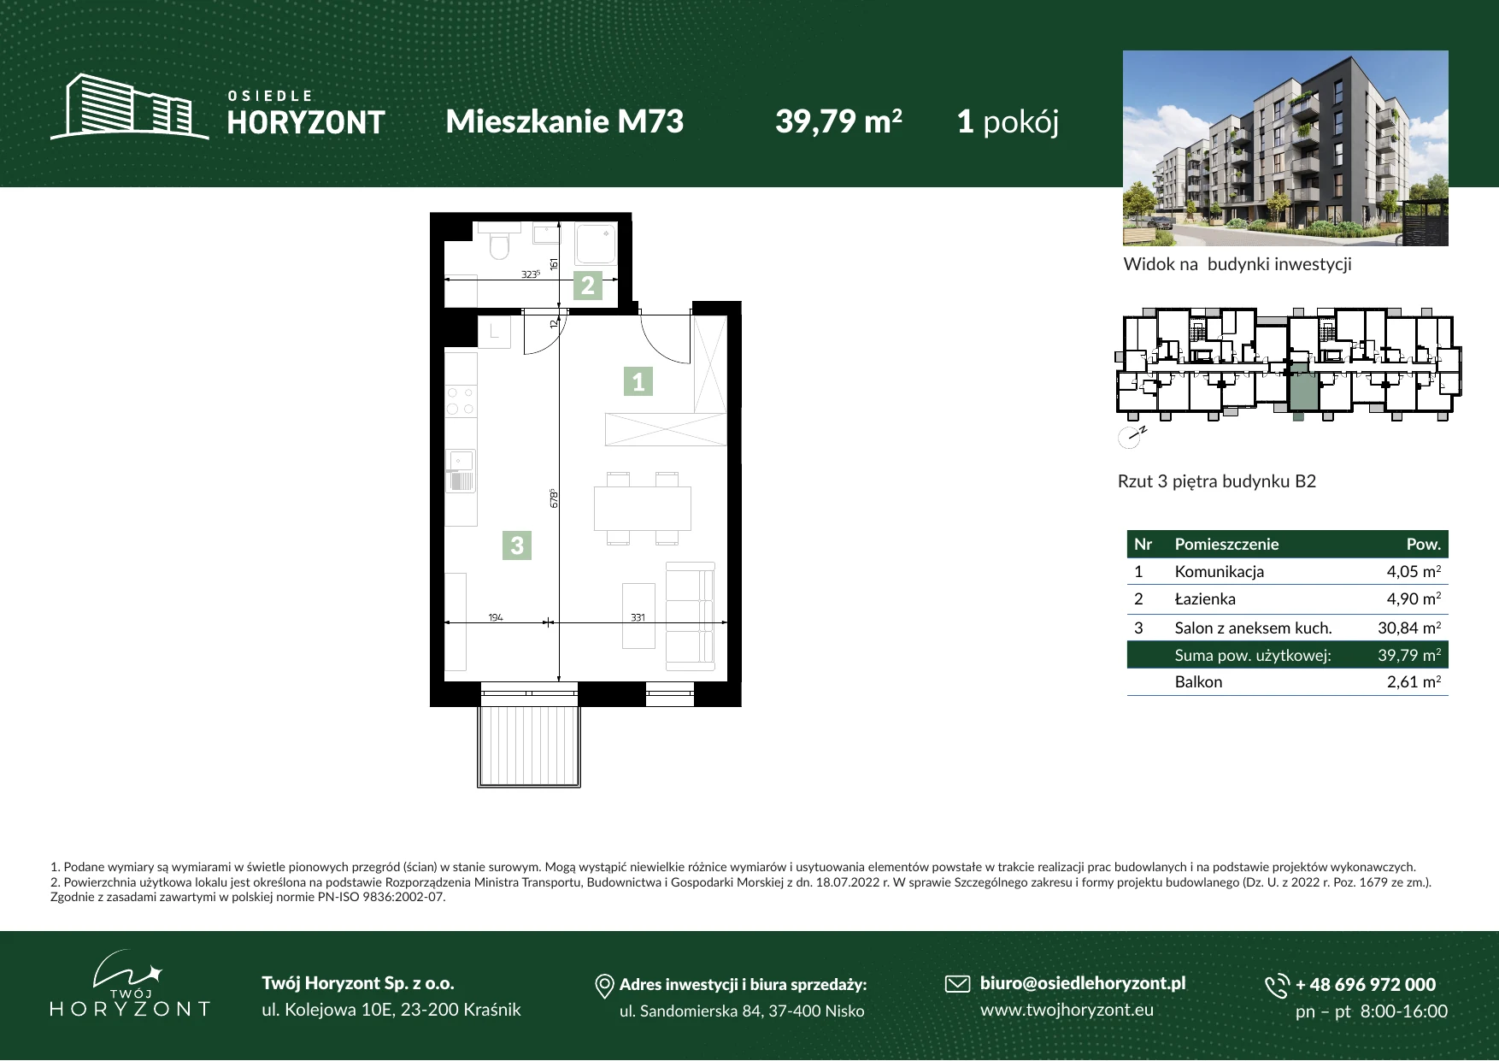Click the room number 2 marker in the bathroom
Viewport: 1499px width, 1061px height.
pyautogui.click(x=588, y=286)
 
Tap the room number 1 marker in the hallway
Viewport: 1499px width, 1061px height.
pyautogui.click(x=638, y=381)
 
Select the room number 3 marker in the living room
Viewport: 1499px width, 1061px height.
pyautogui.click(x=517, y=545)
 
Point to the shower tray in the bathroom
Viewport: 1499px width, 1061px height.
pyautogui.click(x=596, y=244)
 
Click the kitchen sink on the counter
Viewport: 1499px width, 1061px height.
pyautogui.click(x=461, y=471)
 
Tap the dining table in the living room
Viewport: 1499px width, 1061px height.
pyautogui.click(x=643, y=509)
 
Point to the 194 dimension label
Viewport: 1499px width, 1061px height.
pyautogui.click(x=496, y=617)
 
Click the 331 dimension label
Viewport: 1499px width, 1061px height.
pyautogui.click(x=638, y=617)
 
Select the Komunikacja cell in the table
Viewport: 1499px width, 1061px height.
pyautogui.click(x=1219, y=572)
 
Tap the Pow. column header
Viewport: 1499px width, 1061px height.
pyautogui.click(x=1424, y=545)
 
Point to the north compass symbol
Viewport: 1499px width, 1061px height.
pyautogui.click(x=1131, y=437)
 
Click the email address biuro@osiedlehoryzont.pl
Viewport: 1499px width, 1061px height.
pyautogui.click(x=1083, y=984)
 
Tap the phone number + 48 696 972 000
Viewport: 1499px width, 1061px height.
pyautogui.click(x=1366, y=985)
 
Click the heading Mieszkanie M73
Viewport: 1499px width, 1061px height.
pyautogui.click(x=565, y=121)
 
